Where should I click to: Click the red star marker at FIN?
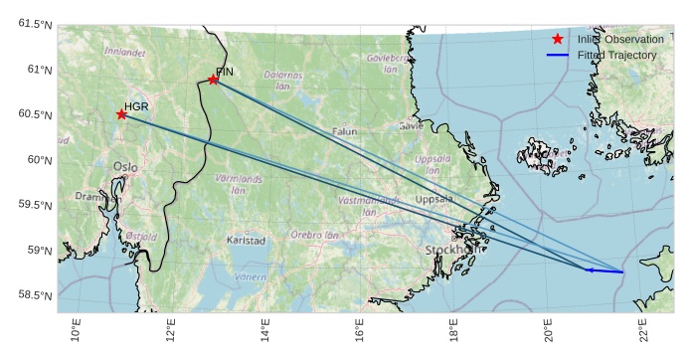pyautogui.click(x=213, y=80)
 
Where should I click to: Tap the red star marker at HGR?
pyautogui.click(x=121, y=114)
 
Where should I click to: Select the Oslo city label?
pyautogui.click(x=125, y=167)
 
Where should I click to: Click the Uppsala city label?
pyautogui.click(x=433, y=199)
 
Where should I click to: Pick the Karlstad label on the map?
pyautogui.click(x=247, y=241)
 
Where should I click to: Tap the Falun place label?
pyautogui.click(x=344, y=131)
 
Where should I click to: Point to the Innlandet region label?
pyautogui.click(x=125, y=52)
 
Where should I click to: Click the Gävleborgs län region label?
pyautogui.click(x=388, y=64)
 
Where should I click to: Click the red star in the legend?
pyautogui.click(x=557, y=39)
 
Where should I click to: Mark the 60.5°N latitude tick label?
pyautogui.click(x=34, y=115)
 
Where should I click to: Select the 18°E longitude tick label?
pyautogui.click(x=453, y=329)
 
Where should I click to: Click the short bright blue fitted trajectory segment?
pyautogui.click(x=605, y=270)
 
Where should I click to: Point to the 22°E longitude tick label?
pyautogui.click(x=642, y=329)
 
